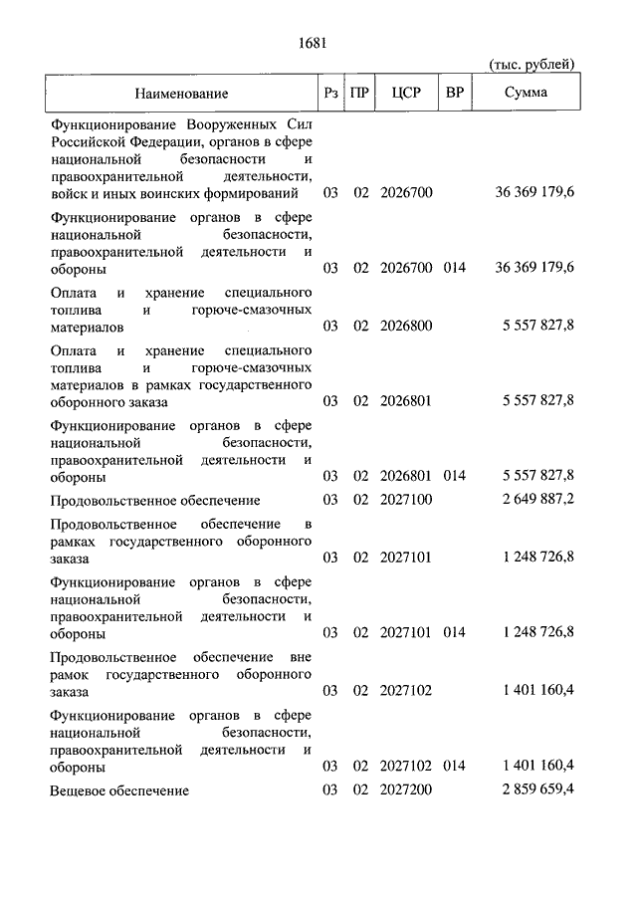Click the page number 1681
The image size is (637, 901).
tap(313, 42)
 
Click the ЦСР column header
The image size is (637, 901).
tap(407, 94)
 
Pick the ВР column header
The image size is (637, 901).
tap(455, 94)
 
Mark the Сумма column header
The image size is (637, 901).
tap(525, 94)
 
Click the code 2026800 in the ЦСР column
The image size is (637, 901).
tap(407, 326)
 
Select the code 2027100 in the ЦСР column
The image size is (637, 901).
tap(407, 499)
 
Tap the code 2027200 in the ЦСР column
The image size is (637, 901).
tap(407, 789)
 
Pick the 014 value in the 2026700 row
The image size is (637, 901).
tap(455, 268)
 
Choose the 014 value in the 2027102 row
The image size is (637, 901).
tap(455, 766)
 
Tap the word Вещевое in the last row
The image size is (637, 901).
tap(77, 790)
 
